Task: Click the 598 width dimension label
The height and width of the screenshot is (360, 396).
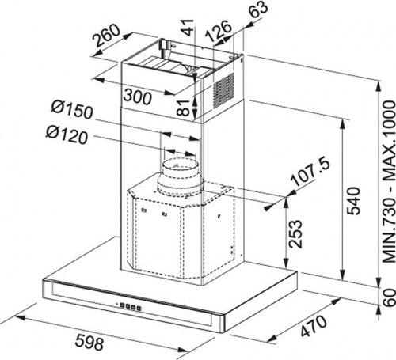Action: point(89,343)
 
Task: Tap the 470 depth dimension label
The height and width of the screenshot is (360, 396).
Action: point(314,326)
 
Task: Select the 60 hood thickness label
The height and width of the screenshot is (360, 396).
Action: point(389,297)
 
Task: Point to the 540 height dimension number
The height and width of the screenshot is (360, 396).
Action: point(353,201)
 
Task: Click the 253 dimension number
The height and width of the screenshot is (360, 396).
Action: point(295,234)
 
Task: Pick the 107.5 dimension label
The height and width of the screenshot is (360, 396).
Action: point(310,172)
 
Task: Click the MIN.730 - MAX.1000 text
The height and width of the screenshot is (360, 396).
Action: point(389,182)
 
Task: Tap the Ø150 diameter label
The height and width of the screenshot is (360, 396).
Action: point(72,109)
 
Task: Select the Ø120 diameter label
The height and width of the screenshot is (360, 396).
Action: point(67,135)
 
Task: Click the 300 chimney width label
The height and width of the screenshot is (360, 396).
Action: point(138,97)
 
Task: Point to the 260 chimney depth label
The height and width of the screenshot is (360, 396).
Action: point(107,35)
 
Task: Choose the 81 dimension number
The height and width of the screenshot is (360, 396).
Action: point(183,108)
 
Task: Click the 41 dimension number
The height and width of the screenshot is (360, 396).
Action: point(188,27)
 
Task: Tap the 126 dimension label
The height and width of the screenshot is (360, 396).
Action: point(219,30)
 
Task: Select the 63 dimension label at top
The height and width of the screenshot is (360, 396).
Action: point(259,9)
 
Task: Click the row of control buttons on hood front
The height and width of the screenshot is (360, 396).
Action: point(131,307)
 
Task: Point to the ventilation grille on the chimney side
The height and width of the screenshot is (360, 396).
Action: point(223,90)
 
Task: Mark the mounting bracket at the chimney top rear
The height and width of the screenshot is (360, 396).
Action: point(166,47)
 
